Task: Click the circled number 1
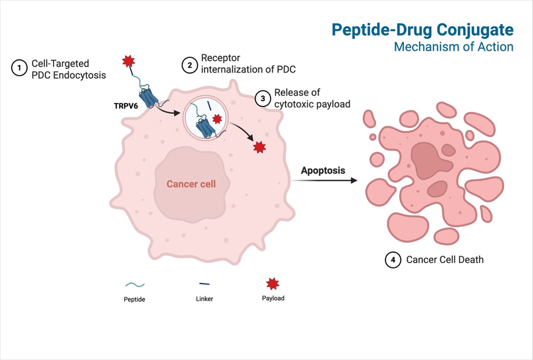[19, 68]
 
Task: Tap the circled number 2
[189, 64]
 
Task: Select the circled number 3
[263, 98]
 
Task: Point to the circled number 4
[393, 260]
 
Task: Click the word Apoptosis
[323, 170]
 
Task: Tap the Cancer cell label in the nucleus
[191, 184]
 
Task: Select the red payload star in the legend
[272, 284]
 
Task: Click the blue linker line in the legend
[204, 284]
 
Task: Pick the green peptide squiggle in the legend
[135, 285]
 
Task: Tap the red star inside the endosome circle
[217, 119]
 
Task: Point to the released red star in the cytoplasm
[259, 147]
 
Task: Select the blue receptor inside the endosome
[204, 128]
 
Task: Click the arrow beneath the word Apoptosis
[325, 181]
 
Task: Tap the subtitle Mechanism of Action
[453, 47]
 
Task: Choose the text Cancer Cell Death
[444, 260]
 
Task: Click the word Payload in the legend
[273, 298]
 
